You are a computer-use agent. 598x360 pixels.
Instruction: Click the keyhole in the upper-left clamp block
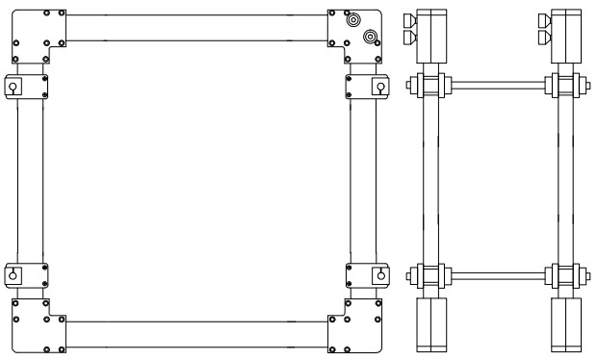point(13,88)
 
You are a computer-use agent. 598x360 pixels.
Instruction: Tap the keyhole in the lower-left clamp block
point(13,274)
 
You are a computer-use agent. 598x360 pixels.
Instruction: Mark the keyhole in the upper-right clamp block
point(380,88)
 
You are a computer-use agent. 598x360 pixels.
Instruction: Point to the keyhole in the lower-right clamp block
point(380,274)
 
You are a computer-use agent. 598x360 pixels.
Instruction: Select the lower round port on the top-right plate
point(370,37)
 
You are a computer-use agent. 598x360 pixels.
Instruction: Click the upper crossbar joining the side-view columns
point(496,86)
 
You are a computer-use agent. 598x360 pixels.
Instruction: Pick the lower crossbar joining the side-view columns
point(496,275)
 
